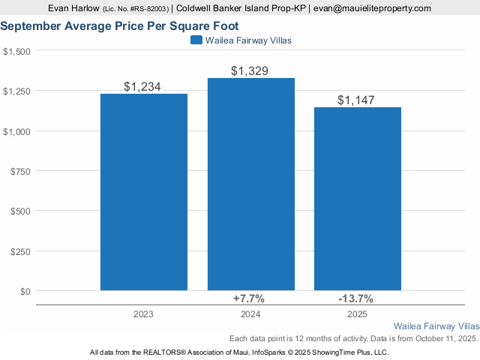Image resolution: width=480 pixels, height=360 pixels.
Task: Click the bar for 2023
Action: click(x=144, y=191)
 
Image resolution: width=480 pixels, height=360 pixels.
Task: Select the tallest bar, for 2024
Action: click(x=250, y=184)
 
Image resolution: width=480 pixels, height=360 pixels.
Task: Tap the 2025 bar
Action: click(x=357, y=199)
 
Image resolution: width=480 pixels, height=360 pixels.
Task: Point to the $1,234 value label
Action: click(x=142, y=87)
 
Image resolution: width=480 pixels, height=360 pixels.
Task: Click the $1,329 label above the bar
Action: click(x=250, y=71)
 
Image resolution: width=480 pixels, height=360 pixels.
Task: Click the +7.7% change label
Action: click(x=249, y=298)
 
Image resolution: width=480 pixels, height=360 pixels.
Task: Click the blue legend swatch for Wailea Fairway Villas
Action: click(x=196, y=40)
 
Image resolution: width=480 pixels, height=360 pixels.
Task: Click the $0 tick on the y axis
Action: click(x=26, y=291)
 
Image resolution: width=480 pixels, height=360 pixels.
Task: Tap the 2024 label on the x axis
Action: click(x=250, y=313)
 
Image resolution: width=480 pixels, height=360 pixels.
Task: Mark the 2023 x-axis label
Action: click(x=144, y=313)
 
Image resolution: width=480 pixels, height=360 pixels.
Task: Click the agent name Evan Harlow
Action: click(x=73, y=8)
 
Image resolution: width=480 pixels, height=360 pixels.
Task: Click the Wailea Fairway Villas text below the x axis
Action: click(x=436, y=327)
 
